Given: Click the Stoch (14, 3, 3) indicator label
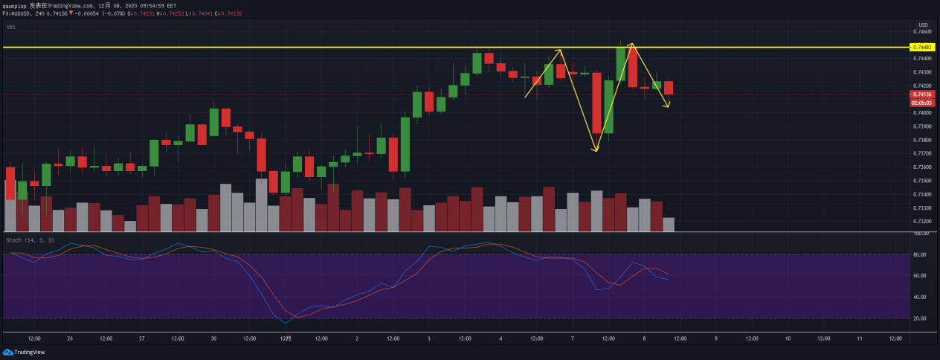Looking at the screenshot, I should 29,240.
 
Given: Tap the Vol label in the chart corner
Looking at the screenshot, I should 11,27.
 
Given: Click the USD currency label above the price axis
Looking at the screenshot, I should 923,25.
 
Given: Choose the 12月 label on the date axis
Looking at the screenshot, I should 286,338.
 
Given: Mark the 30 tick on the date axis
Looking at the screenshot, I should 213,338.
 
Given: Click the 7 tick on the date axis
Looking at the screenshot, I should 572,338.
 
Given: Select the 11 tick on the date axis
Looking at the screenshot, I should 859,338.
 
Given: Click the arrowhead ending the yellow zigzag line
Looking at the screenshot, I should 669,106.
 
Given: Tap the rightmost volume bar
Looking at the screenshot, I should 669,225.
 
